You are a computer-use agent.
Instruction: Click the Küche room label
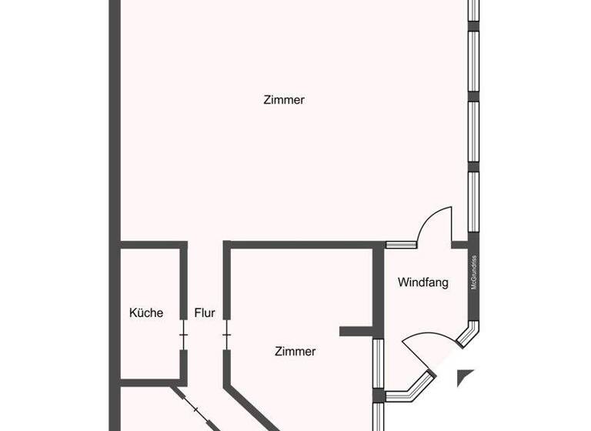145,312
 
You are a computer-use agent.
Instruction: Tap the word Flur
205,312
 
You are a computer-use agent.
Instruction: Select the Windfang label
422,282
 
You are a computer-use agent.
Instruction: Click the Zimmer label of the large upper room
284,100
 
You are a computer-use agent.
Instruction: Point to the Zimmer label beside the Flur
295,351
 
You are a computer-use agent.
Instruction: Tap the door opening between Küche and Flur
183,336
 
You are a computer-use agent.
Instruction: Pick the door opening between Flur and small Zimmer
226,336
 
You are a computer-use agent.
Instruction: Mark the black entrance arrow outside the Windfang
465,377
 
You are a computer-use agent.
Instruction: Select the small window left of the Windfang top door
401,246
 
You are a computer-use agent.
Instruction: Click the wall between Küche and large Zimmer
153,246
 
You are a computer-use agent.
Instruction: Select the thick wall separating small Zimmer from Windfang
378,285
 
